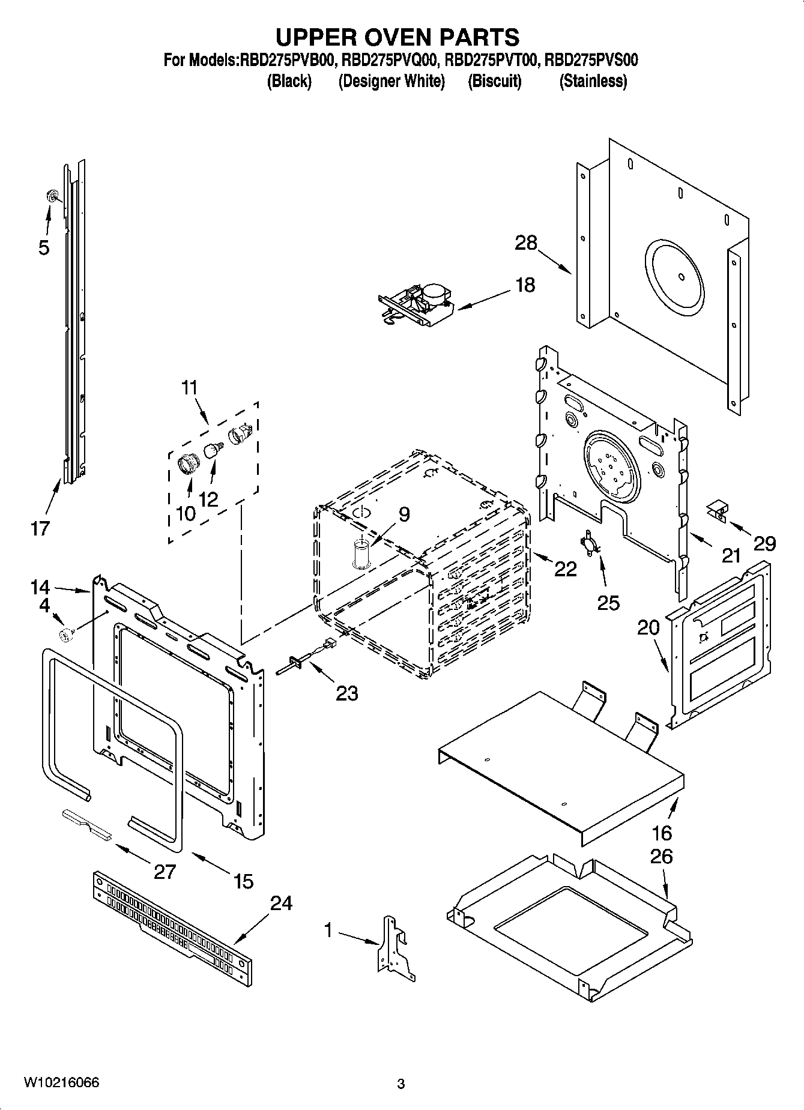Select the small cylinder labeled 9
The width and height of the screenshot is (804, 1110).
[361, 553]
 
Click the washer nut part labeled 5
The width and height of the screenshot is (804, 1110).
[52, 195]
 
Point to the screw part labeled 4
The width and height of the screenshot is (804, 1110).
[65, 633]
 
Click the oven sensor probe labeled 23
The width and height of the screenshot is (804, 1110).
[303, 657]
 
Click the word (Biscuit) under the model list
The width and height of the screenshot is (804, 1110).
[494, 81]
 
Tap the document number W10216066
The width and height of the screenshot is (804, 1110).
[61, 1083]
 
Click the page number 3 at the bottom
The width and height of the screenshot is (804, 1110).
[401, 1084]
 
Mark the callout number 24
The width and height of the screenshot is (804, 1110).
[280, 903]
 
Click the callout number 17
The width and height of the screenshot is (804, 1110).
[40, 529]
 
